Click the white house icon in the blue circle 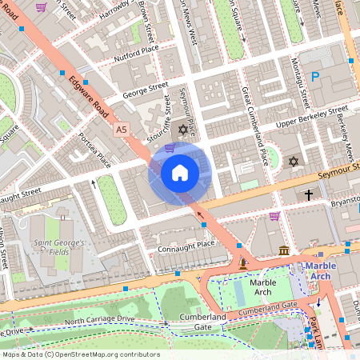[x=180, y=171]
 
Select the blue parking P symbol [x=317, y=78]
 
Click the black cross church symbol [x=309, y=194]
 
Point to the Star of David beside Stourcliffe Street [x=182, y=129]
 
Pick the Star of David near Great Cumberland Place [x=293, y=162]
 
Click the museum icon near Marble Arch [x=284, y=251]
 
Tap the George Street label [x=146, y=88]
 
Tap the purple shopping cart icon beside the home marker [x=169, y=147]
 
